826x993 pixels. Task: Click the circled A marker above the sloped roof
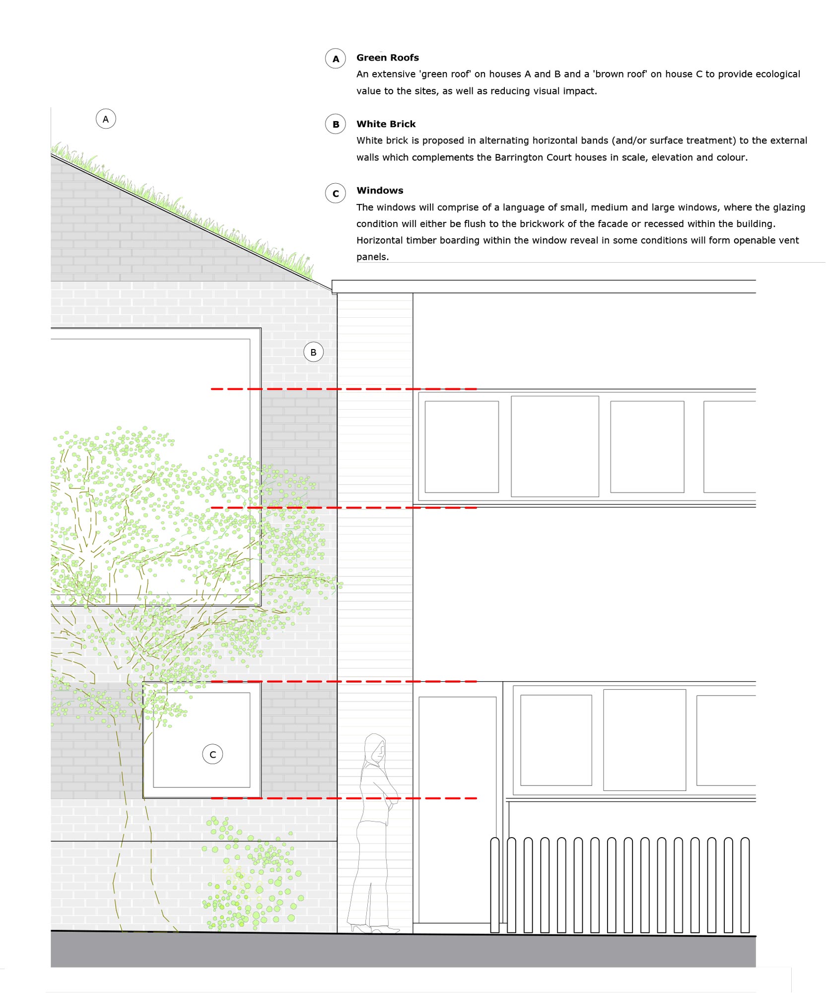106,119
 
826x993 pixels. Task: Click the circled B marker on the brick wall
313,352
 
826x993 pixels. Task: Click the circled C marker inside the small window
212,754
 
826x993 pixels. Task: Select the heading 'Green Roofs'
387,58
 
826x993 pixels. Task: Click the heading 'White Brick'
386,124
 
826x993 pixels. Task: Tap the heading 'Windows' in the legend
380,191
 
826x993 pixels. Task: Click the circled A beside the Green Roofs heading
336,59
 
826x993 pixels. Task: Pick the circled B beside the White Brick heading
336,124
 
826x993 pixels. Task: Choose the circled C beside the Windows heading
336,194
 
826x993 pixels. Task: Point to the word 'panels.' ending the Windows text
372,257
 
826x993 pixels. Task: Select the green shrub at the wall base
251,879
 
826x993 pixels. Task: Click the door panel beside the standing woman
457,809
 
